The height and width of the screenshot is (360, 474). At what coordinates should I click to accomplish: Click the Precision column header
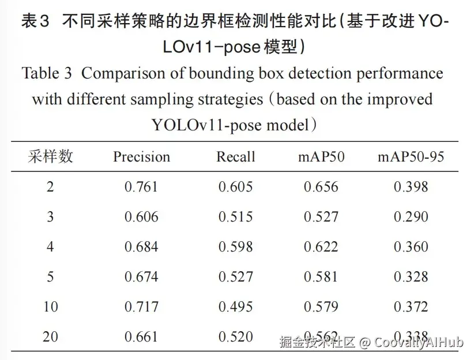click(x=141, y=157)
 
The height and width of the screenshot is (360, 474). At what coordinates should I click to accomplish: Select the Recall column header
click(x=235, y=157)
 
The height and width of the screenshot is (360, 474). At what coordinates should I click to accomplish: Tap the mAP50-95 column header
click(x=411, y=157)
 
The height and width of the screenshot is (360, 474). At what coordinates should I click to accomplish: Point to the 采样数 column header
click(x=51, y=156)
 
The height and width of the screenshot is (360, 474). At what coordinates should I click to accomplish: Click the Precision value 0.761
click(x=141, y=187)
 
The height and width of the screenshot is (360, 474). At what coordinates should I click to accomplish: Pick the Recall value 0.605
click(x=235, y=187)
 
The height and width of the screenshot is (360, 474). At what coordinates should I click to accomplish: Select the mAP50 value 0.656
click(x=321, y=187)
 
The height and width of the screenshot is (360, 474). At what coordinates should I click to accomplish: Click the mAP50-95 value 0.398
click(x=411, y=187)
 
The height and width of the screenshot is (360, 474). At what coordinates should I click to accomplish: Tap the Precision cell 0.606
click(x=141, y=217)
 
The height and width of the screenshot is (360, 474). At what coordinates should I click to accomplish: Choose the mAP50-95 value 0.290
click(x=411, y=217)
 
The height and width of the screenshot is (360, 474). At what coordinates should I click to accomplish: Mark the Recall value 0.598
click(x=235, y=247)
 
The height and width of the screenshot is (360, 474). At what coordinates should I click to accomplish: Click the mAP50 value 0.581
click(x=321, y=277)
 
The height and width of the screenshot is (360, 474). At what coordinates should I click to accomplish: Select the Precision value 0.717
click(x=141, y=306)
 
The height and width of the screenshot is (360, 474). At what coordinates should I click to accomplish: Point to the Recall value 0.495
click(x=235, y=306)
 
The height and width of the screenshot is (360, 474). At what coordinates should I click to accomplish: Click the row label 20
click(x=51, y=336)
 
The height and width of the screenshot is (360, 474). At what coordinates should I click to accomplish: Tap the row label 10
click(x=51, y=306)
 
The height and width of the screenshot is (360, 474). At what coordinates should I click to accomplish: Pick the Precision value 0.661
click(x=141, y=336)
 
